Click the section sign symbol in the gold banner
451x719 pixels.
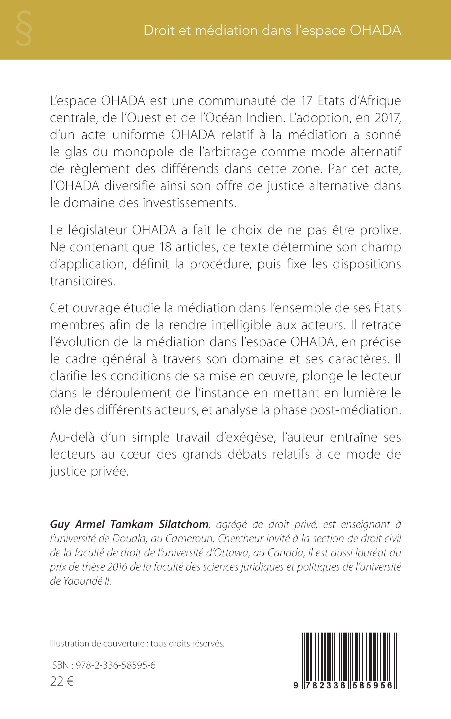[24, 28]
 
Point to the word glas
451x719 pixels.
[72, 152]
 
